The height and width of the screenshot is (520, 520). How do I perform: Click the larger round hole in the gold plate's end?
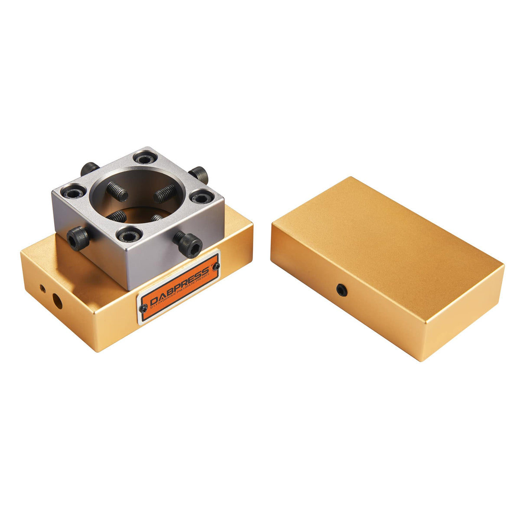coord(57,301)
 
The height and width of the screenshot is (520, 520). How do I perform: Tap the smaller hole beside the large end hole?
coord(42,288)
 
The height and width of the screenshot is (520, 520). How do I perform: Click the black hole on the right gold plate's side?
coord(342,290)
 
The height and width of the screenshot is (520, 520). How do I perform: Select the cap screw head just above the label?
coord(189,244)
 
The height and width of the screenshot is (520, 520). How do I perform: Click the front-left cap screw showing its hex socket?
coord(78,239)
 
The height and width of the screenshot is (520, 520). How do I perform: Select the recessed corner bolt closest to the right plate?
coord(201,197)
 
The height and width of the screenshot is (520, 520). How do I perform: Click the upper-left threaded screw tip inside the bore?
coord(117,191)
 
